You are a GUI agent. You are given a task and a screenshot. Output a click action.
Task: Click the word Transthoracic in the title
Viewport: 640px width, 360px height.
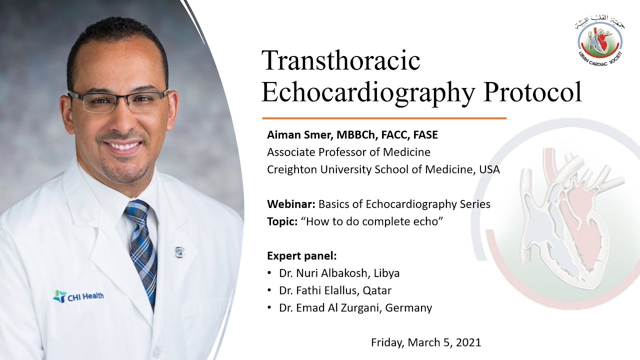pyautogui.click(x=340, y=61)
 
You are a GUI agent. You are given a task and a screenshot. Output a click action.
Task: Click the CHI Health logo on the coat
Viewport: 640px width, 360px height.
pyautogui.click(x=78, y=296)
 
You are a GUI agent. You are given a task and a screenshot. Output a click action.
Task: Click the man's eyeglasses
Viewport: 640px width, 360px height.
pyautogui.click(x=119, y=100)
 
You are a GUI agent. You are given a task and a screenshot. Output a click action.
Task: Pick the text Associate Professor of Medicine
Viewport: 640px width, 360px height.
pyautogui.click(x=348, y=152)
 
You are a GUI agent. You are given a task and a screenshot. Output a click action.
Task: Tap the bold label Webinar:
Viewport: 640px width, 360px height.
pyautogui.click(x=291, y=204)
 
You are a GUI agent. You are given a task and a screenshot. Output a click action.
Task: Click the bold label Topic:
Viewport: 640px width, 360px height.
pyautogui.click(x=282, y=221)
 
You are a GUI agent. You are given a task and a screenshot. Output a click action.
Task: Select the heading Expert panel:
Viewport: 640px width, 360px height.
pyautogui.click(x=302, y=256)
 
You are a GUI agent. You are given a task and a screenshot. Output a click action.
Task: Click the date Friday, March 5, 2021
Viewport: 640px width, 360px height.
pyautogui.click(x=426, y=342)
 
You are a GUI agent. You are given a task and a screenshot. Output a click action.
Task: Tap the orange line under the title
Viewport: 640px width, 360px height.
pyautogui.click(x=384, y=118)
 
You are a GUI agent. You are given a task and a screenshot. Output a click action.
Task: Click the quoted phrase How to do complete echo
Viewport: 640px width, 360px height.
pyautogui.click(x=372, y=221)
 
